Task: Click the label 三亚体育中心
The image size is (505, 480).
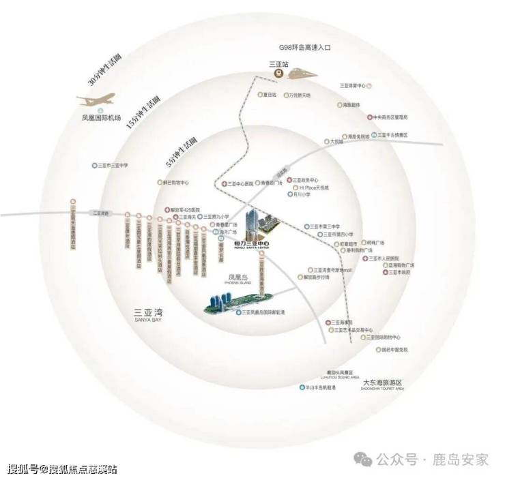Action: [354, 86]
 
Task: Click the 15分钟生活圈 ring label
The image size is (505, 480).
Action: [143, 114]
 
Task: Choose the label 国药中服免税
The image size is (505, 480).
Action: [394, 349]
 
